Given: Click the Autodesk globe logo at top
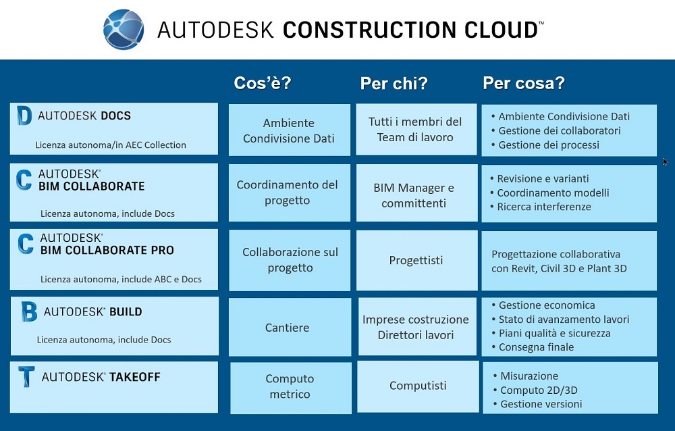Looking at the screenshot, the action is click(x=124, y=29).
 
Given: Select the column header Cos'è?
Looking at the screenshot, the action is click(x=263, y=82).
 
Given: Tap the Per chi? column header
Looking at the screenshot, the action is click(x=394, y=83).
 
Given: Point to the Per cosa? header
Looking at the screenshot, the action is click(x=524, y=82).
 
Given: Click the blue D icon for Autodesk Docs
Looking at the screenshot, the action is click(x=24, y=116).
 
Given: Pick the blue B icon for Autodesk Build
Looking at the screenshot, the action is click(x=29, y=311).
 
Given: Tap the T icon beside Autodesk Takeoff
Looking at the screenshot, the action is click(x=26, y=377).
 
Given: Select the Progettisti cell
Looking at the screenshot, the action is click(x=416, y=260).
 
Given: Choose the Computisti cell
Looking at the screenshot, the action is click(x=418, y=385).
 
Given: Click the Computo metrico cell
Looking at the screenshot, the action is click(x=290, y=386).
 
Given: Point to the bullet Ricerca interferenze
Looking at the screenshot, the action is click(x=541, y=207).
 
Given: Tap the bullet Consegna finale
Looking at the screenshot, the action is click(x=533, y=347).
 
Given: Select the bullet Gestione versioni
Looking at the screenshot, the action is click(x=538, y=404).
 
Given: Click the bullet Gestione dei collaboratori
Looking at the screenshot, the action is click(x=556, y=130).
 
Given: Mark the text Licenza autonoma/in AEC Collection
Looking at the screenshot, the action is click(x=111, y=145).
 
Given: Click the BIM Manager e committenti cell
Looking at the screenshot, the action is click(x=414, y=195).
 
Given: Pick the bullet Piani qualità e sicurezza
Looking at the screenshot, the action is click(x=551, y=333).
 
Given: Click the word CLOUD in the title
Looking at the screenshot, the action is click(x=501, y=30).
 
